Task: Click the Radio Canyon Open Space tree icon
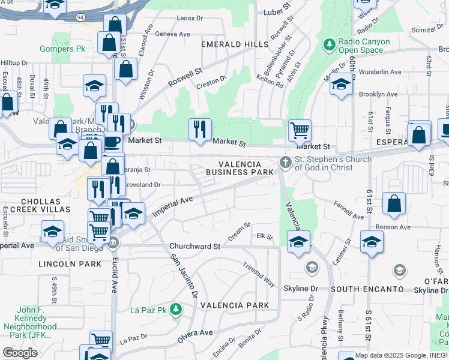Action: (x=329, y=44)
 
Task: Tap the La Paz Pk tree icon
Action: (x=175, y=310)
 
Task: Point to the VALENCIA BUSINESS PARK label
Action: (x=240, y=168)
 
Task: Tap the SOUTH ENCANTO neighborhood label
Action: (x=367, y=289)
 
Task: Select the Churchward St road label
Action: (x=195, y=247)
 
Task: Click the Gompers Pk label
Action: (x=63, y=49)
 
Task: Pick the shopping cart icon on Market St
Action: (x=300, y=129)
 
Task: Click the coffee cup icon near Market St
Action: (x=112, y=142)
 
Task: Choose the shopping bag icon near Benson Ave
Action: (x=394, y=203)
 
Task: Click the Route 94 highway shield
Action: (x=80, y=17)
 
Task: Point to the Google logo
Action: (x=20, y=352)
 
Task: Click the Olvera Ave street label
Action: (x=195, y=336)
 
